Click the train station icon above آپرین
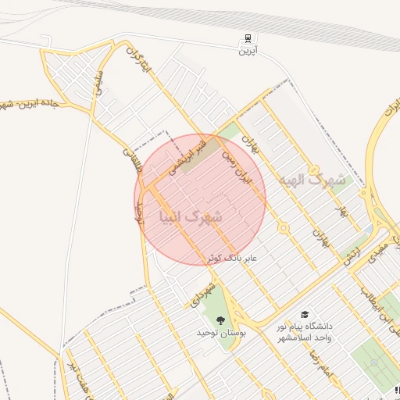click(248, 37)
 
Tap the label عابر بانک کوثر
click(232, 257)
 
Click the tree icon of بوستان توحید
click(220, 320)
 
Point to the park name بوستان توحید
click(221, 333)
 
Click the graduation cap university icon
click(302, 312)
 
